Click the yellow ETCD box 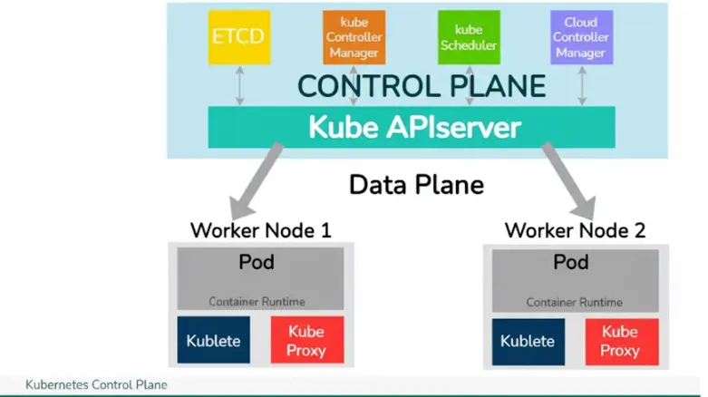pos(239,38)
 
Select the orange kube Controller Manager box pos(354,38)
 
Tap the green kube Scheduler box pos(469,38)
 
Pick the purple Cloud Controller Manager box pos(581,38)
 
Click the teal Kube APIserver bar pos(412,127)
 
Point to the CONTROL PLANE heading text pos(422,86)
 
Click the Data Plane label pos(416,185)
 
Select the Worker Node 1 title pos(260,230)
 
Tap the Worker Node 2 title pos(575,230)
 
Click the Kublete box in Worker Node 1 pos(213,341)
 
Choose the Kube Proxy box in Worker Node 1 pos(306,341)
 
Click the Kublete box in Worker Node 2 pos(528,341)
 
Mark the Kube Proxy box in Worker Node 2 pos(621,341)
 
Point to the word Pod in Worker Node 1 pos(257,263)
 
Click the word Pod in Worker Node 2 pos(571,263)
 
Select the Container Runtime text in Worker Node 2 pos(574,302)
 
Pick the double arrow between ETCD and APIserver pos(239,86)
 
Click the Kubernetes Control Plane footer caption pos(96,385)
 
